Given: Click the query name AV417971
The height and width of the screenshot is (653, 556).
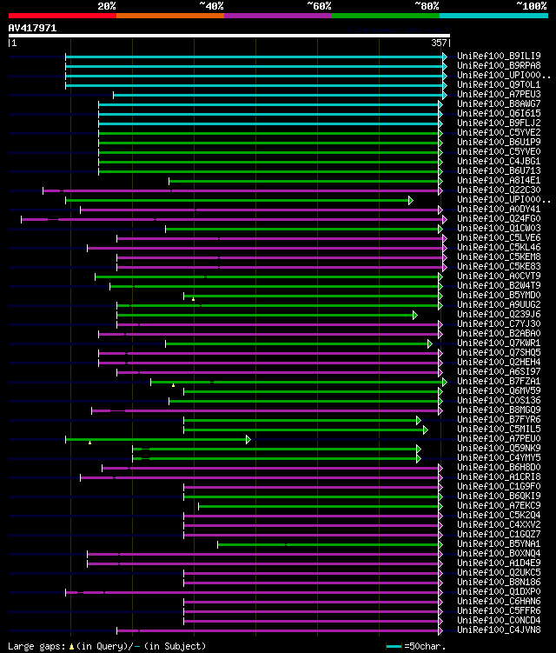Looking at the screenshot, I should tap(32, 28).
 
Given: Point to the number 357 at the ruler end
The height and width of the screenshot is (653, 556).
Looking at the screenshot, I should tap(440, 42).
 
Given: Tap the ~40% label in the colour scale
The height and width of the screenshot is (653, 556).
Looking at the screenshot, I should tap(211, 5).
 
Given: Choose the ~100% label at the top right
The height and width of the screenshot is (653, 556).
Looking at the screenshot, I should tap(531, 5).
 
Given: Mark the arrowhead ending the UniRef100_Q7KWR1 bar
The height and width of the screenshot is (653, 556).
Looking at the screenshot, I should tap(429, 343).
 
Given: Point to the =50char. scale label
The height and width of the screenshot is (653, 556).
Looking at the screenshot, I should tap(425, 646).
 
